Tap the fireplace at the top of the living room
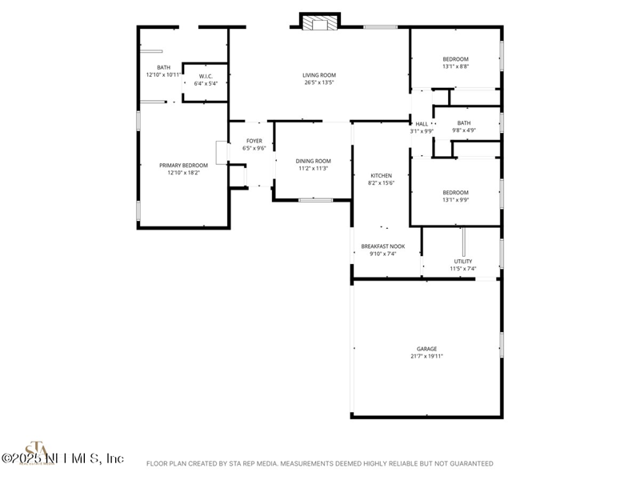point(320,22)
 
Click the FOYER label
point(254,141)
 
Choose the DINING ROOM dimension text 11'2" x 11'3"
point(314,169)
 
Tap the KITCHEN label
point(381,175)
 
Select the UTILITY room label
point(462,261)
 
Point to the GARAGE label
point(426,349)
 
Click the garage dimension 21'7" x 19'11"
point(426,356)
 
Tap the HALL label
point(422,124)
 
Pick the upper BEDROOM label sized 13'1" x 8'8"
point(455,59)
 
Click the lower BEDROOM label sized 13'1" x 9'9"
point(455,193)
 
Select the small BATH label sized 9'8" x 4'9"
point(464,123)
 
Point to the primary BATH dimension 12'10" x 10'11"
point(163,74)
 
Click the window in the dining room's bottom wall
point(315,199)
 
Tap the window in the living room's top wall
point(381,28)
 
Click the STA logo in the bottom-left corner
point(35,451)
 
